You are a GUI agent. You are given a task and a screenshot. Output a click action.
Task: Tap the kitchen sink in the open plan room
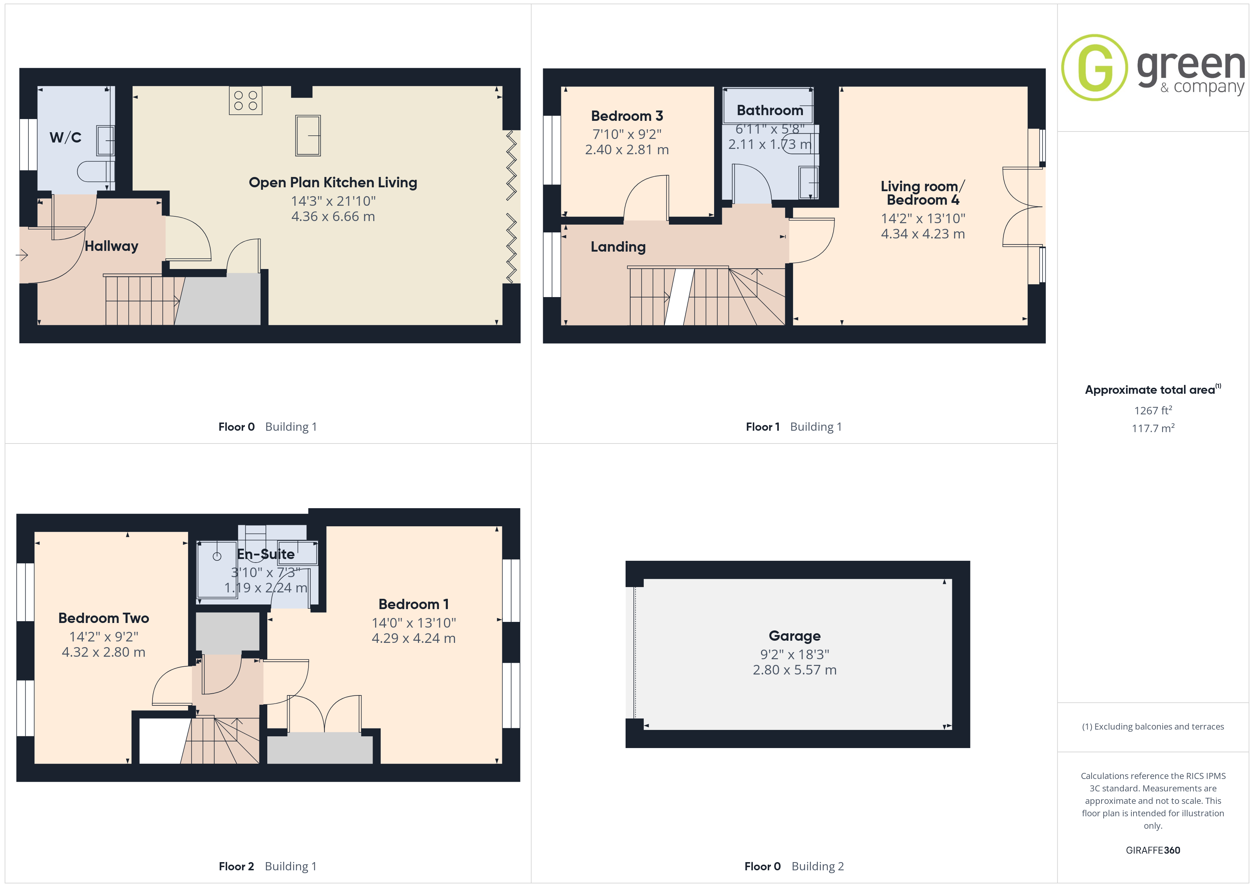308,135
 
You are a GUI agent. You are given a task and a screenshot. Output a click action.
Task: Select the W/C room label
65,137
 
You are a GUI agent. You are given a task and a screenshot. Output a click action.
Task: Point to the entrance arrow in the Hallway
22,254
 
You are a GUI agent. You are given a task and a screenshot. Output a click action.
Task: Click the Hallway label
111,246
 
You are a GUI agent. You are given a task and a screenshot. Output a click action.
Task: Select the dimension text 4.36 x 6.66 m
333,217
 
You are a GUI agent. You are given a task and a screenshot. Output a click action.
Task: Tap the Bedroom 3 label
627,116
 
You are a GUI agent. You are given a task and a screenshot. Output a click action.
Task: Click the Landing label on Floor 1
618,247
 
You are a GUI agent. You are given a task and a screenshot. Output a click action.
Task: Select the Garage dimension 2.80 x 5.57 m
795,670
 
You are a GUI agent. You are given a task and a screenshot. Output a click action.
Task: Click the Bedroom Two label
104,618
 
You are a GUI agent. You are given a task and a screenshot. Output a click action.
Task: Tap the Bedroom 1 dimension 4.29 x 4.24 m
413,639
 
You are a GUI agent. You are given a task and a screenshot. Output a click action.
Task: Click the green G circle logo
1094,68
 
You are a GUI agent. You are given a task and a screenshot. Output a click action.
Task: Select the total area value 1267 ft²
1153,410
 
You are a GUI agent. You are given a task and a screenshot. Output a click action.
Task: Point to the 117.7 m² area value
1153,428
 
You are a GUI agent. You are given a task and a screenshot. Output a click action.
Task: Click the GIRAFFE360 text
1153,850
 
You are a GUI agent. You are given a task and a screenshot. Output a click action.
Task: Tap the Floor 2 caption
236,866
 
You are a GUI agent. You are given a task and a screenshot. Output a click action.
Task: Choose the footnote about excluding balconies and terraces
1153,726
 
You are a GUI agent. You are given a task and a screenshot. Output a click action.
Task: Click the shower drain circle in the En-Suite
217,557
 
